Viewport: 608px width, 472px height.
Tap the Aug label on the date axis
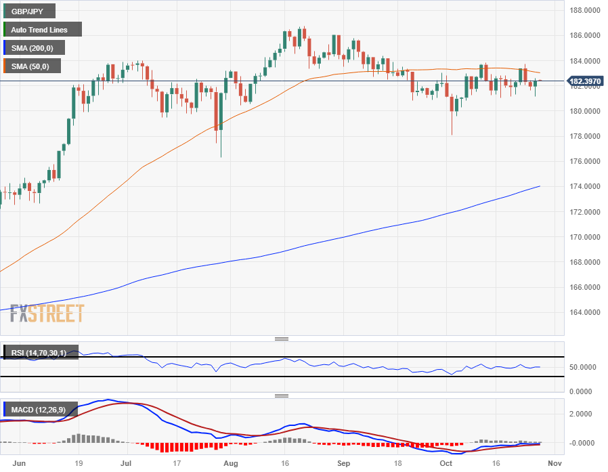[232, 463]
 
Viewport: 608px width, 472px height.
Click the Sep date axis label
[344, 463]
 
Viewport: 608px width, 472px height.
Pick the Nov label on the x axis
[554, 463]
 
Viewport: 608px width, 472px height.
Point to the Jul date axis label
[126, 463]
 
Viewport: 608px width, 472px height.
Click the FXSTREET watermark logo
[47, 314]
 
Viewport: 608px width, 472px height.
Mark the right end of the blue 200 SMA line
[540, 186]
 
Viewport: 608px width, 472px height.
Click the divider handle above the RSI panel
[282, 339]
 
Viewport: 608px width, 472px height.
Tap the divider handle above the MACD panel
[282, 395]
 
